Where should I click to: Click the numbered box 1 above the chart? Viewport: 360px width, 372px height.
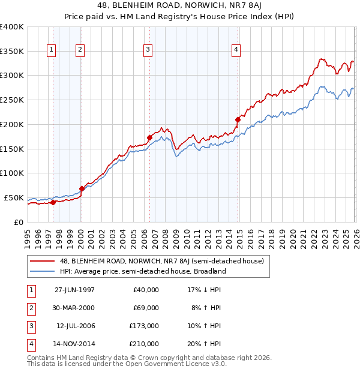pyautogui.click(x=52, y=50)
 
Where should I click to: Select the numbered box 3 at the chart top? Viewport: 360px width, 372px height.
pyautogui.click(x=148, y=50)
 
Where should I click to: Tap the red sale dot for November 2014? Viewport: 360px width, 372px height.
pyautogui.click(x=238, y=119)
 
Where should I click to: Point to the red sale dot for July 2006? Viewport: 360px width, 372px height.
pyautogui.click(x=149, y=137)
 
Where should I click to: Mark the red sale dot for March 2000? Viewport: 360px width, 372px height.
pyautogui.click(x=82, y=188)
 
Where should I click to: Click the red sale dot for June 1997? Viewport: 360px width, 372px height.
pyautogui.click(x=53, y=202)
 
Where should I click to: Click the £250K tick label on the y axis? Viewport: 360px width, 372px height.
pyautogui.click(x=11, y=100)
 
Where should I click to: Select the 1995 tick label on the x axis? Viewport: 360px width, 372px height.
pyautogui.click(x=28, y=235)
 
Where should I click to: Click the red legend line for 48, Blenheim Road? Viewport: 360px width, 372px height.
pyautogui.click(x=43, y=261)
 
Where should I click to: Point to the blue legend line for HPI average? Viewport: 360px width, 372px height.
pyautogui.click(x=43, y=271)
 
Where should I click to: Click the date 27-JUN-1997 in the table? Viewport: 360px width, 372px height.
pyautogui.click(x=74, y=290)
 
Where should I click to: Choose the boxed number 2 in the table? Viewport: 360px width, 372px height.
pyautogui.click(x=30, y=308)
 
